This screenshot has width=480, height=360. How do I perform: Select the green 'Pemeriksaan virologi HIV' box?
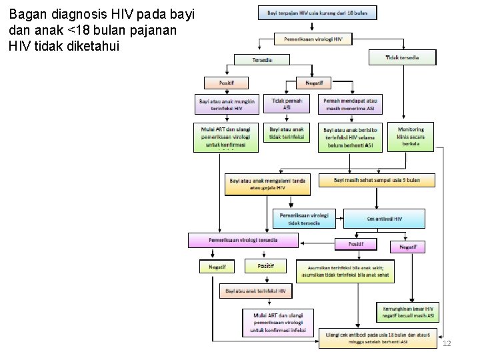tap(313, 39)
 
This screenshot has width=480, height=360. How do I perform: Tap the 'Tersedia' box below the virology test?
tap(261, 59)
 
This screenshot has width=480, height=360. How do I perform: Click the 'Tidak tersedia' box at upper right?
tap(402, 57)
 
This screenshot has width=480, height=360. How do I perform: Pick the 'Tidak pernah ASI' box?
tap(287, 103)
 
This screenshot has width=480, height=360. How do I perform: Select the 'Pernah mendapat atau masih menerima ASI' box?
tap(351, 103)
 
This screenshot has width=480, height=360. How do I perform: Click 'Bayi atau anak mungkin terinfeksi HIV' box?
tap(227, 105)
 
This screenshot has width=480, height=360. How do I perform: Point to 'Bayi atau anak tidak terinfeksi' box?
tap(287, 132)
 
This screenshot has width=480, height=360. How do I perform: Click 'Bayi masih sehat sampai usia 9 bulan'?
tap(376, 180)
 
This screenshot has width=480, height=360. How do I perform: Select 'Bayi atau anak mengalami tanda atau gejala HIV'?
tap(267, 184)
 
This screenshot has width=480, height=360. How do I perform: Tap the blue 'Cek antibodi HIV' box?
tap(384, 218)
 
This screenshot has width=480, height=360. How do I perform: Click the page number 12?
tap(447, 343)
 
